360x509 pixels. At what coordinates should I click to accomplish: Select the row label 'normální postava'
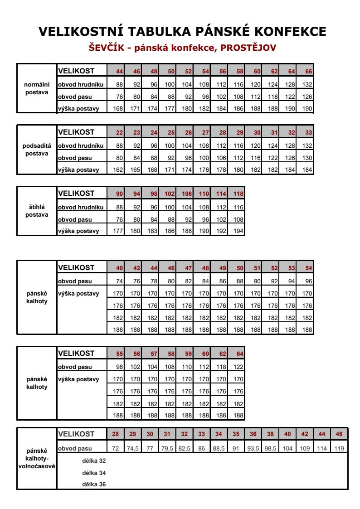coord(37,88)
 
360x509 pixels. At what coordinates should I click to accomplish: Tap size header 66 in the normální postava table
coord(308,71)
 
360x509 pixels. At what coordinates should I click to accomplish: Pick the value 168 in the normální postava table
coord(119,108)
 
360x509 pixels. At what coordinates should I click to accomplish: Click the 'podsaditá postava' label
coord(37,150)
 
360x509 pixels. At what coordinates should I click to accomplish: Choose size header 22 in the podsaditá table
coord(119,132)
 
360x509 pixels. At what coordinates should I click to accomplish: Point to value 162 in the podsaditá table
coord(119,170)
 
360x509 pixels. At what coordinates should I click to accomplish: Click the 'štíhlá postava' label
coord(37,211)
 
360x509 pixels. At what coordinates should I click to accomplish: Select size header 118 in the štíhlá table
coord(238,194)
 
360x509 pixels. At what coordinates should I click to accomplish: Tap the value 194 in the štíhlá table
coord(238,231)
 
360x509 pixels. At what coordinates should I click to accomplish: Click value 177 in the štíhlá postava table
coord(119,231)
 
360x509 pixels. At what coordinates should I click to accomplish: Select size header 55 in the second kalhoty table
coord(119,354)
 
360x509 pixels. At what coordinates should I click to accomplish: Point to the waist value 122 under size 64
coord(238,367)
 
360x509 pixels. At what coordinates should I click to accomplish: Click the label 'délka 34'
coord(94,473)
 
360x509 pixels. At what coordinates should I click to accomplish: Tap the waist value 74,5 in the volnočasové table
coord(132,448)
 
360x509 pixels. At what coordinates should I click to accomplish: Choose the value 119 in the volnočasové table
coord(339,448)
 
